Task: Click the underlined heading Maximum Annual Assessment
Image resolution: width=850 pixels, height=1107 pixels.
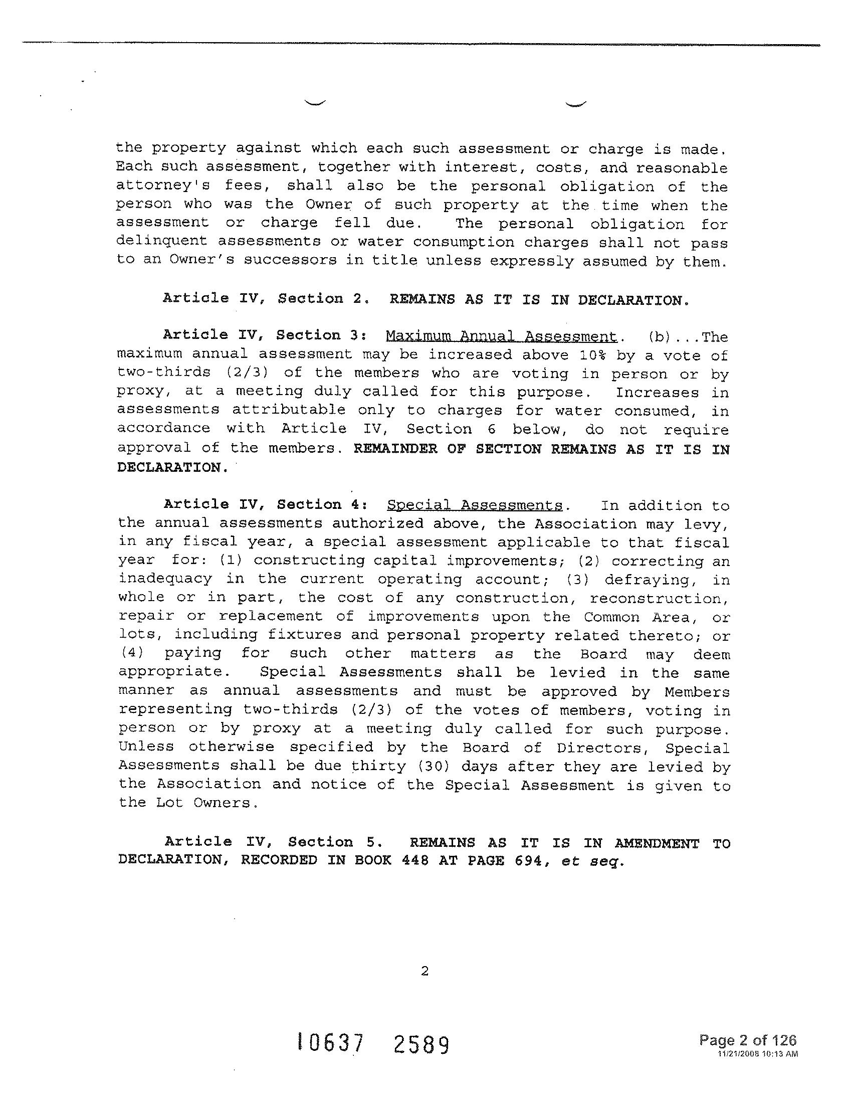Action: pyautogui.click(x=501, y=336)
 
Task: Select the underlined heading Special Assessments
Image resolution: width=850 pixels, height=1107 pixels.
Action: pyautogui.click(x=475, y=505)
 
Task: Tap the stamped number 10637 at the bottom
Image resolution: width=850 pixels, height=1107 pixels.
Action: pyautogui.click(x=331, y=1043)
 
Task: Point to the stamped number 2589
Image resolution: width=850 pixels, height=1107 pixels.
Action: pyautogui.click(x=421, y=1044)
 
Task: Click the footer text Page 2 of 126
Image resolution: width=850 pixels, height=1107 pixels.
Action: pyautogui.click(x=747, y=1040)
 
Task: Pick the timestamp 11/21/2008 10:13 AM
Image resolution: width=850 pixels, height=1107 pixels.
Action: pyautogui.click(x=757, y=1053)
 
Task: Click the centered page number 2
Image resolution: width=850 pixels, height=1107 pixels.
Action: pyautogui.click(x=424, y=971)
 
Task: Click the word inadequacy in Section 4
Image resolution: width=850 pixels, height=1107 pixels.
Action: pyautogui.click(x=165, y=579)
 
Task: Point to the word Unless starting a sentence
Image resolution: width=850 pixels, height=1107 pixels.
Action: pyautogui.click(x=146, y=747)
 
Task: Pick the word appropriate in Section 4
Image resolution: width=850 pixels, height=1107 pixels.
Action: pyautogui.click(x=170, y=672)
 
